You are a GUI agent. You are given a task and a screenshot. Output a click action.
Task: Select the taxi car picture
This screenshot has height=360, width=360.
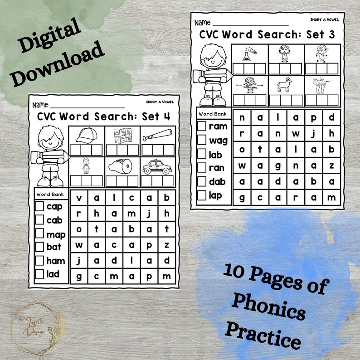156,167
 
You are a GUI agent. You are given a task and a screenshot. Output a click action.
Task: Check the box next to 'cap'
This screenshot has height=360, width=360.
39,207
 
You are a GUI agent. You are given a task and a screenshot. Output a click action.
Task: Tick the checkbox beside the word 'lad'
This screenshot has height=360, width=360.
39,274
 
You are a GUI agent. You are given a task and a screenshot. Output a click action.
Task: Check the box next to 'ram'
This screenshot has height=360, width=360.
202,126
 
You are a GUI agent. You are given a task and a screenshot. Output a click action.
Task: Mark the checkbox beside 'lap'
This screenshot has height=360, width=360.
202,195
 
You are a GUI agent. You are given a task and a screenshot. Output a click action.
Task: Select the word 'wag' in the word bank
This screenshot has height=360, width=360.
218,140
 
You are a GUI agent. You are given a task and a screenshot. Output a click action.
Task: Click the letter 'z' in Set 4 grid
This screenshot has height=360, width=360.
167,245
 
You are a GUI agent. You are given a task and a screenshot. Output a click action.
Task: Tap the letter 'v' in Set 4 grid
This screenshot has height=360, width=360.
79,198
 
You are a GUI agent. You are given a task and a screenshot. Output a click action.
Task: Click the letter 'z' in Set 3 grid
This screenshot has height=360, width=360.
332,165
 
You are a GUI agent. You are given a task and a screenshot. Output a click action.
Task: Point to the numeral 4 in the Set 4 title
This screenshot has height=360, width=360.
167,116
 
